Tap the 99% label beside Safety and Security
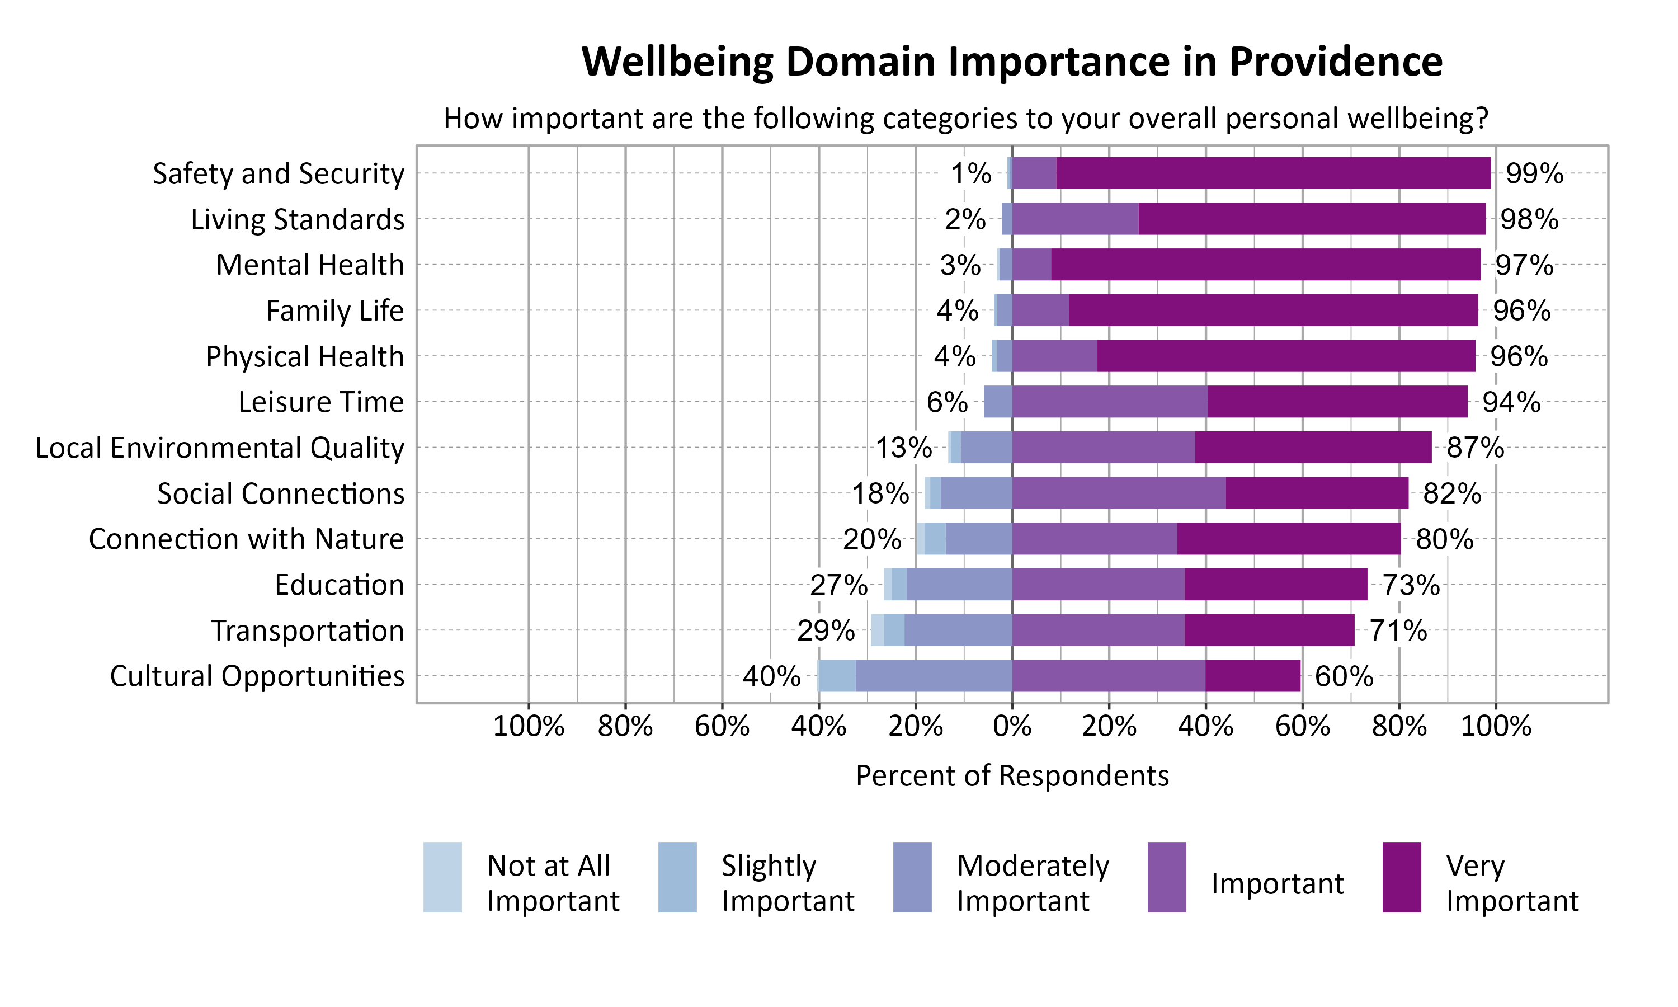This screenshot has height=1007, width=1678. point(1534,174)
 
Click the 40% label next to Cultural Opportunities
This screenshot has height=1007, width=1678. point(771,676)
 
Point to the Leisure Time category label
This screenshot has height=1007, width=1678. point(321,402)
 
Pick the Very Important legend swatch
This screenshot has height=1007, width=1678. point(1401,877)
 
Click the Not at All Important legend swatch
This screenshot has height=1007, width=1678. point(442,877)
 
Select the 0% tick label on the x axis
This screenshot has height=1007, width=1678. point(1012,727)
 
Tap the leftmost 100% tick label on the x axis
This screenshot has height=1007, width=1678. point(529,727)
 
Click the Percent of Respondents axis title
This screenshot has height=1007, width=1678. point(1012,775)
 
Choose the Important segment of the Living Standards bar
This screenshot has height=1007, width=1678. point(1075,219)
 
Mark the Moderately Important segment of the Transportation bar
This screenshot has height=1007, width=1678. point(958,630)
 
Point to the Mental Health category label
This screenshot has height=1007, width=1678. point(310,265)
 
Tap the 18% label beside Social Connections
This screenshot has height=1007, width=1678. point(880,494)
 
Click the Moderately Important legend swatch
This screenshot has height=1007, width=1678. point(912,877)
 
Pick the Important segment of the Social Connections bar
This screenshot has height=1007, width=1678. point(1119,493)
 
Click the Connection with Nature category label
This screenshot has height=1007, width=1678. point(246,539)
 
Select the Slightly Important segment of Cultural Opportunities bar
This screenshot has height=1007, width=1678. point(837,676)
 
